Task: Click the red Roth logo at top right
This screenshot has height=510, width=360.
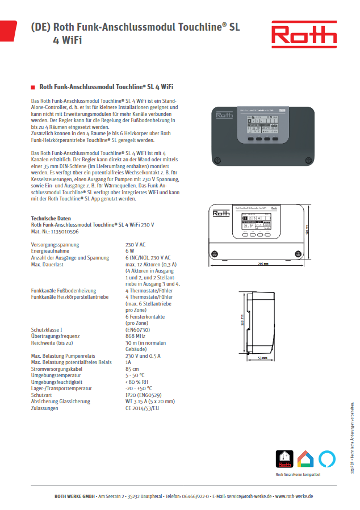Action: coord(304,35)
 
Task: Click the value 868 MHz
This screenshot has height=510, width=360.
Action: coord(135,336)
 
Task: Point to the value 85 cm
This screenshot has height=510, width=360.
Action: coord(132,369)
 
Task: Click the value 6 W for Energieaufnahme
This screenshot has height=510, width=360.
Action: coord(130,250)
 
